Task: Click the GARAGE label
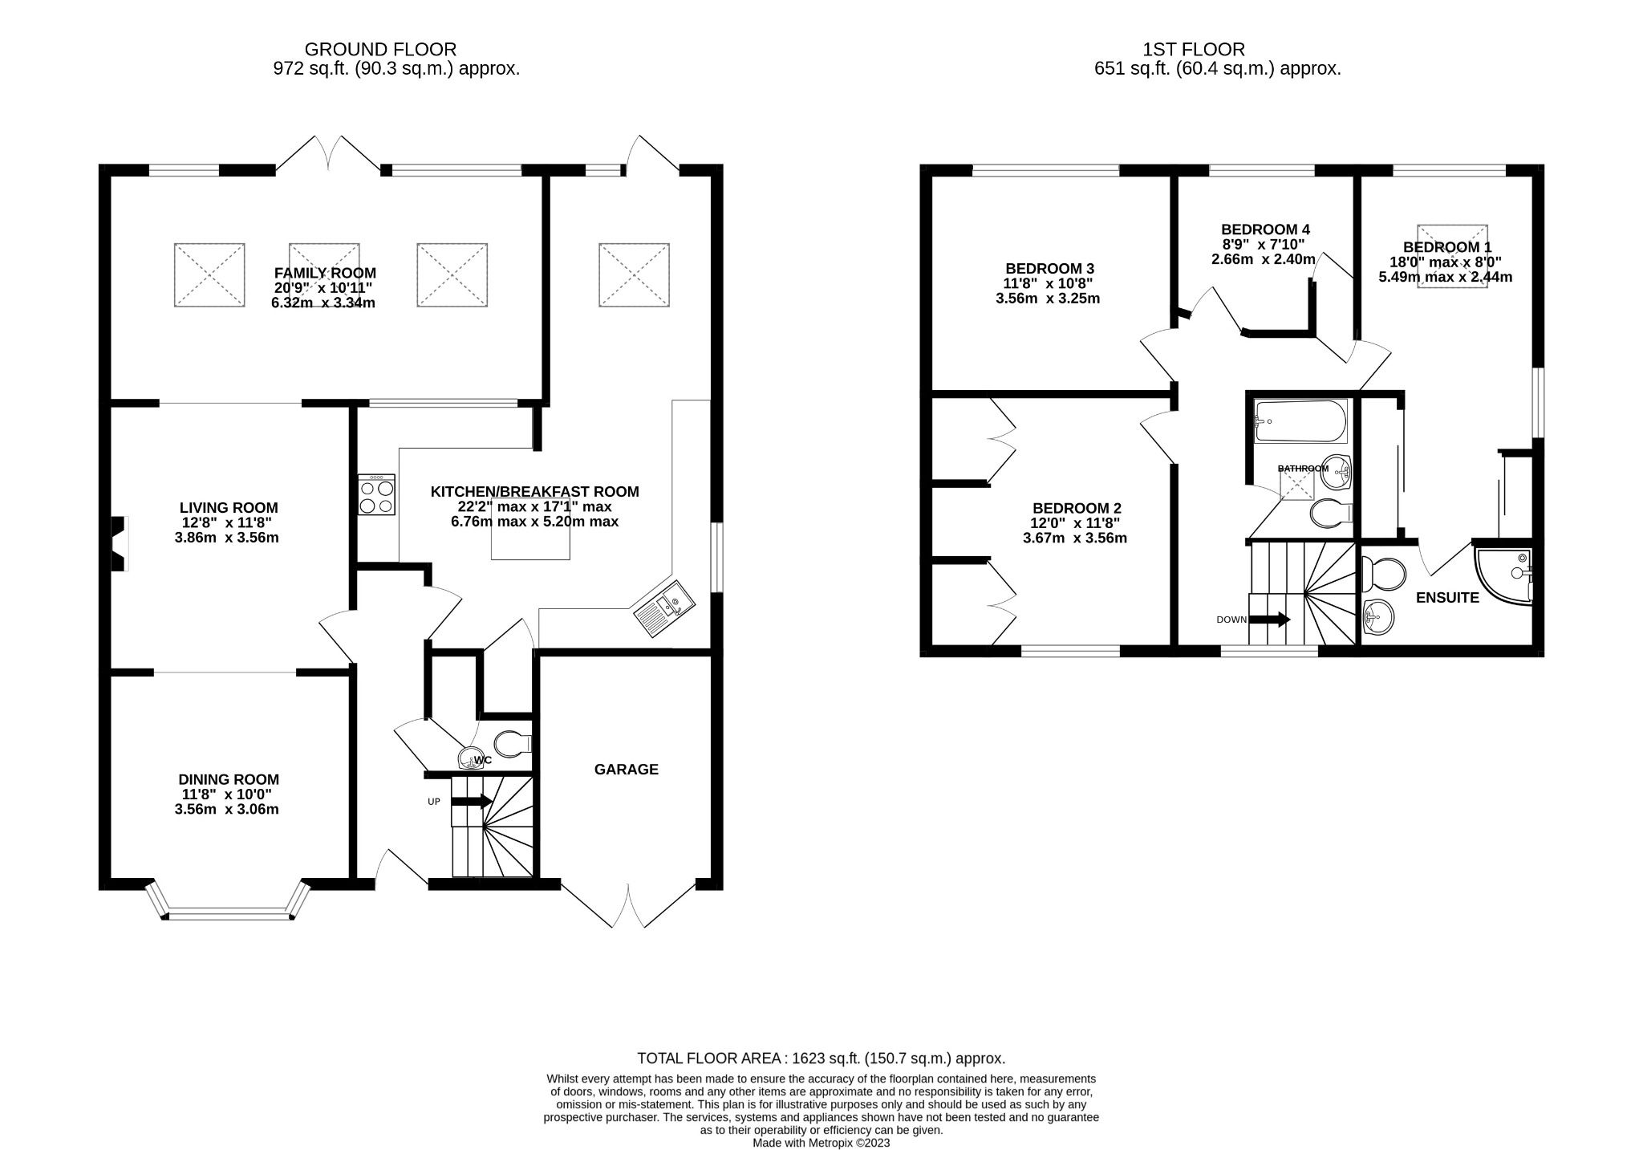[x=626, y=770]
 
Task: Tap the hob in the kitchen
[x=376, y=495]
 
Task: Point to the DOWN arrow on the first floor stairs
[x=1270, y=620]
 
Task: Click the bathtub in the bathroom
[x=1300, y=421]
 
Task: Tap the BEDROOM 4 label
[x=1265, y=230]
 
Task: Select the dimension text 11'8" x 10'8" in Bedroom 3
[x=1049, y=283]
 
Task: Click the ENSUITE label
[x=1447, y=598]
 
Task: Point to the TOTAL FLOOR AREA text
[x=821, y=1059]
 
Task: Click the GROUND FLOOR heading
[x=380, y=50]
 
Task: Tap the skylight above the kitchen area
[x=634, y=274]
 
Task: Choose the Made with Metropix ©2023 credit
[x=821, y=1143]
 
